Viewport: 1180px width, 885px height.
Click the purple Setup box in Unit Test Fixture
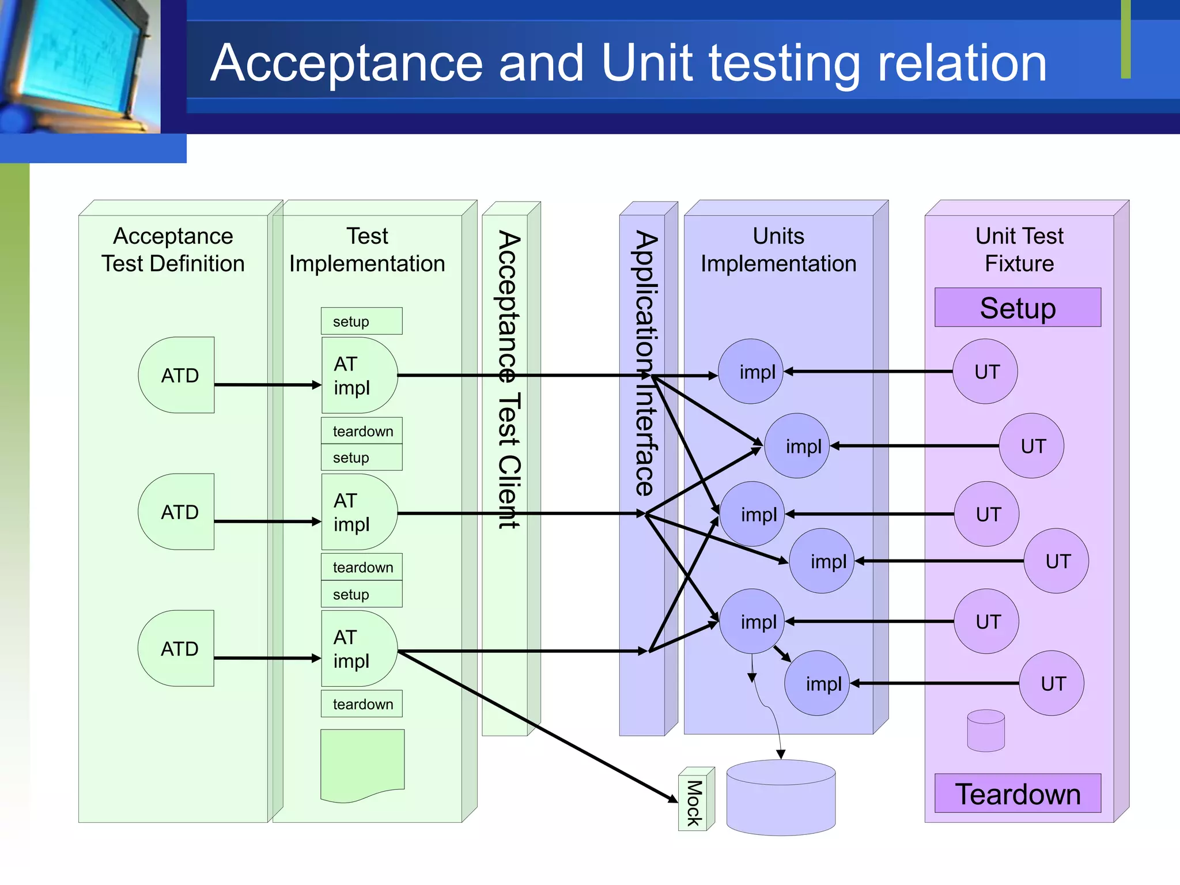pos(1018,308)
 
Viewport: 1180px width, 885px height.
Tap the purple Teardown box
pos(1018,793)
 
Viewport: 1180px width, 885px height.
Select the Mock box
pos(696,799)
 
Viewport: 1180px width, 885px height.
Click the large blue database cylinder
pos(781,797)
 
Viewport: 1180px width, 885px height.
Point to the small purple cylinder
pos(986,731)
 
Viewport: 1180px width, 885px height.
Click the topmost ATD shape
pos(176,375)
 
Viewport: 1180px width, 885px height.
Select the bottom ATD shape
pos(176,648)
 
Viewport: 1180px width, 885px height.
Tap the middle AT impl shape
pos(359,512)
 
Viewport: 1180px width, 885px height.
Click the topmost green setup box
pos(362,321)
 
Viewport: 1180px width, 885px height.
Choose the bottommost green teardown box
pos(362,704)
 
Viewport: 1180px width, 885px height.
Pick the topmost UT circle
pos(985,372)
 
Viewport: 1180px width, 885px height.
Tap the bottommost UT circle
pos(1052,683)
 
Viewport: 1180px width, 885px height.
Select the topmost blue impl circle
pos(751,372)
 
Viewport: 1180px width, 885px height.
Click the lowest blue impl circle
pos(818,683)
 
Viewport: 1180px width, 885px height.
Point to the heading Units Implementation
pos(778,249)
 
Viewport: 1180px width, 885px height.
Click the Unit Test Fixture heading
pos(1019,249)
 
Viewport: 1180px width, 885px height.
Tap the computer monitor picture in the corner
pos(80,66)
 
